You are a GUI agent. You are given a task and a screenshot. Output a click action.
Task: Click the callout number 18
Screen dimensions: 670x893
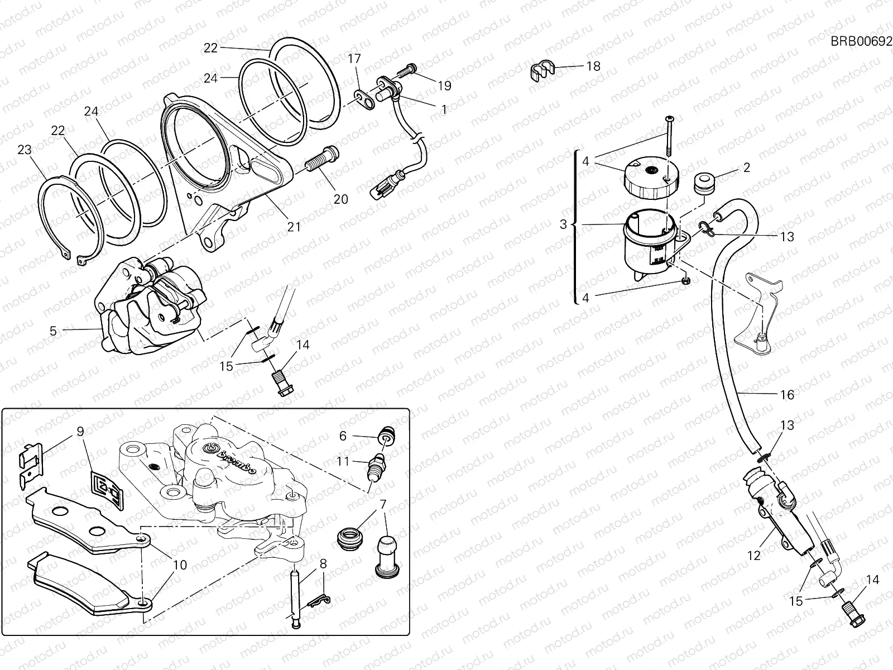tap(593, 66)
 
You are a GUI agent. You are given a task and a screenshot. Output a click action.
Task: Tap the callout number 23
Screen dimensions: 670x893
tap(24, 150)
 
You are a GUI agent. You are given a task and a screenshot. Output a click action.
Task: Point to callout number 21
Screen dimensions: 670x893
tap(294, 227)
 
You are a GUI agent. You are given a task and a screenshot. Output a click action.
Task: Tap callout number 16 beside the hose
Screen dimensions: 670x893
tap(786, 395)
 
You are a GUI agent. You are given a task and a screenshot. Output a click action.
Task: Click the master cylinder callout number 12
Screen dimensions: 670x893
tap(753, 556)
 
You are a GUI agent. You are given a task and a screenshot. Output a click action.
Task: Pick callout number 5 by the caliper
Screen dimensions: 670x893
tap(53, 331)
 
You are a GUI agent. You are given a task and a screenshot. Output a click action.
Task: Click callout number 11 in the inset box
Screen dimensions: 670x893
tap(343, 461)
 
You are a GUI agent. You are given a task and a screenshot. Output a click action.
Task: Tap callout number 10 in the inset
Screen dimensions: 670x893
tap(180, 565)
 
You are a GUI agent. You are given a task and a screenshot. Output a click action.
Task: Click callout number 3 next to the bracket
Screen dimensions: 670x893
tap(563, 224)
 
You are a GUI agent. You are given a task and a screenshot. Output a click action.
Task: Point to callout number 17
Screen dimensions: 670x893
tap(355, 59)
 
